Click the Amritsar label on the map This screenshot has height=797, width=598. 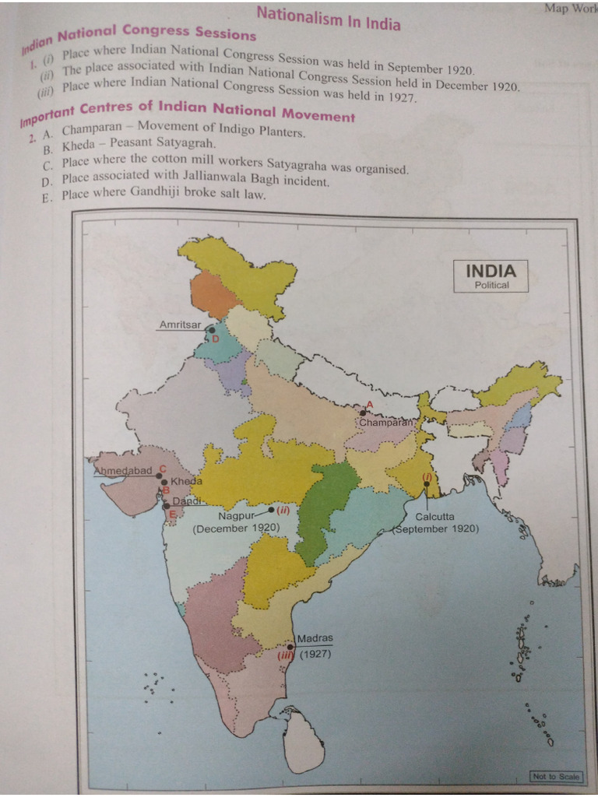tap(180, 324)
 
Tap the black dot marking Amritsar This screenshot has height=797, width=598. tap(212, 330)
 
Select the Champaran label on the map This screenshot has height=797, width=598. tap(385, 422)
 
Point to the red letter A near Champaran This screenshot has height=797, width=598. tap(370, 404)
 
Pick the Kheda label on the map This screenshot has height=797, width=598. tap(186, 482)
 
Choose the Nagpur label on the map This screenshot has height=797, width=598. tap(237, 514)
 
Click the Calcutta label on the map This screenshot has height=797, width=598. tap(434, 516)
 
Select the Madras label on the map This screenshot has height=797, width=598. tap(315, 638)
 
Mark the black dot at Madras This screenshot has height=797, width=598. tap(290, 647)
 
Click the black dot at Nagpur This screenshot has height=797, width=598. tap(271, 510)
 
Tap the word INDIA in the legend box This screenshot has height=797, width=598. tap(491, 271)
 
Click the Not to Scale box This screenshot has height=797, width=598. tap(556, 776)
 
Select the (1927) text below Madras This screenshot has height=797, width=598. tap(315, 654)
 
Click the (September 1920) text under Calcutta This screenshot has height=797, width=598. tap(436, 528)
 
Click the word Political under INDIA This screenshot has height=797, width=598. tap(491, 285)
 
